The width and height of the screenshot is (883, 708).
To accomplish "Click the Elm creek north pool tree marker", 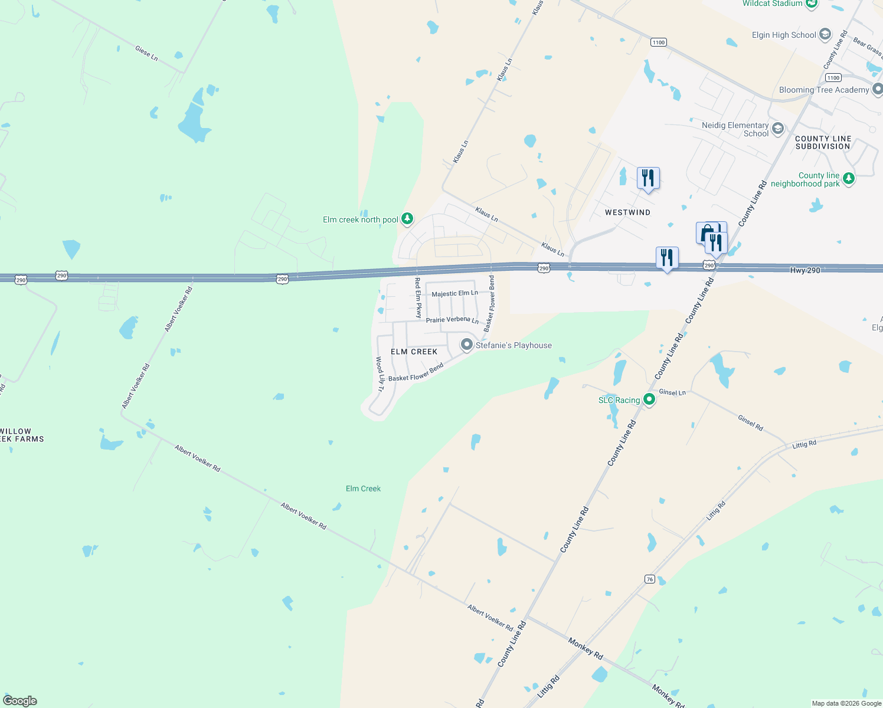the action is (x=407, y=219).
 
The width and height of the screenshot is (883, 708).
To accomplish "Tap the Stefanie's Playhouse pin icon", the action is (x=467, y=345).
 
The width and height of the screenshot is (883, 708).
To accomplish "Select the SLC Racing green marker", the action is (x=649, y=399).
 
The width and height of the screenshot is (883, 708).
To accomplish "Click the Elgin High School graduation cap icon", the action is (x=825, y=34).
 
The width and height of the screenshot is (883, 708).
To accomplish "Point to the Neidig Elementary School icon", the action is (x=778, y=129).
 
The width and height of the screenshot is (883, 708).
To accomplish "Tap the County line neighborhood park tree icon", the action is (x=848, y=178).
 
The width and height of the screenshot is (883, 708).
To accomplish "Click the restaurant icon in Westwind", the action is (x=648, y=178).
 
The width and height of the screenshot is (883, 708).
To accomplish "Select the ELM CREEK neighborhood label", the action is (x=414, y=352).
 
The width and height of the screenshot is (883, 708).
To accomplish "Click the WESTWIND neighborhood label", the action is (x=627, y=212).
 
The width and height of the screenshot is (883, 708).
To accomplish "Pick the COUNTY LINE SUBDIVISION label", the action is (x=823, y=143).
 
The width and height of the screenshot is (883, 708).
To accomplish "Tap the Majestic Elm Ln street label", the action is (x=454, y=293).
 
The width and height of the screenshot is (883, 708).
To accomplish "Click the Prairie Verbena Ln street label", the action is (x=452, y=320).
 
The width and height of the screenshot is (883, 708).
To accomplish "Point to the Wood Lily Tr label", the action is (x=380, y=374).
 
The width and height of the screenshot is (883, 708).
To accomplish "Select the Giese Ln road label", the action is (x=146, y=54).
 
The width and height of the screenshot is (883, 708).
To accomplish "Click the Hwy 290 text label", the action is (x=805, y=270).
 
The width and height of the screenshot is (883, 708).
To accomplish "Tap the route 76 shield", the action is (x=649, y=579).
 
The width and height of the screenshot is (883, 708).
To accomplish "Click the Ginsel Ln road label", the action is (x=672, y=392).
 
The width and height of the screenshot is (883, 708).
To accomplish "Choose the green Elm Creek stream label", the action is (x=363, y=489).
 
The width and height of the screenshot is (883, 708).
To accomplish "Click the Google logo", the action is (x=20, y=701).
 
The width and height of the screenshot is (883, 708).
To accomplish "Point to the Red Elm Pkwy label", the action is (x=418, y=297).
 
